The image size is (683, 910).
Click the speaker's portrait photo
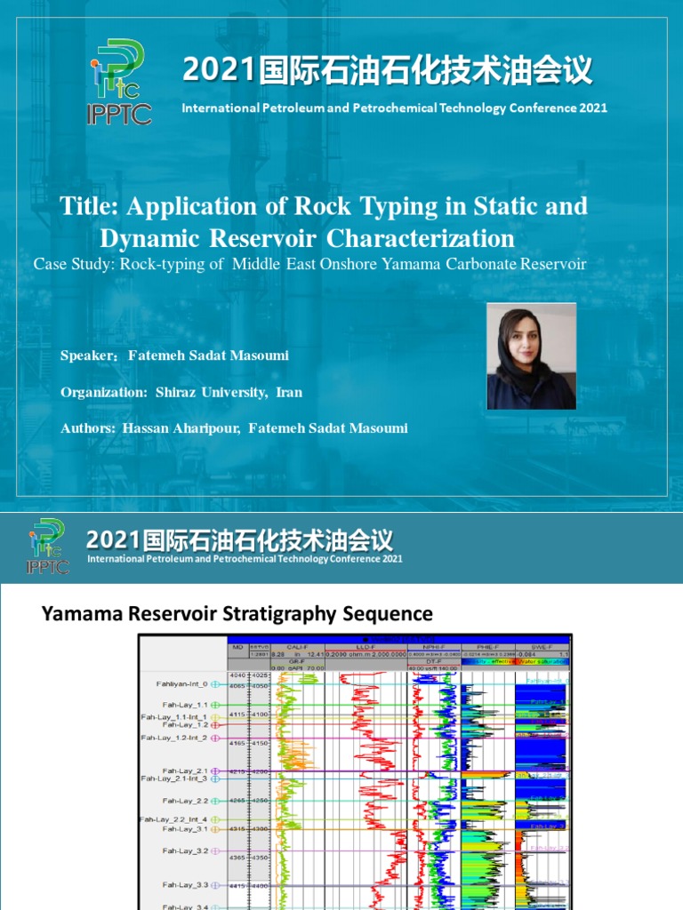click(x=531, y=356)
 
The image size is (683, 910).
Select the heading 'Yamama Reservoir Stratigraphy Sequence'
click(x=237, y=613)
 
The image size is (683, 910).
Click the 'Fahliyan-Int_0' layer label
click(x=177, y=684)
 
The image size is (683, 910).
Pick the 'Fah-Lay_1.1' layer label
click(x=184, y=704)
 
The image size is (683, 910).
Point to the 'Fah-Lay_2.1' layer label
click(x=184, y=770)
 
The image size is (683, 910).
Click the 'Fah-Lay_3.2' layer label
click(x=184, y=850)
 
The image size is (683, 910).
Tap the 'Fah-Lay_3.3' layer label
click(x=184, y=885)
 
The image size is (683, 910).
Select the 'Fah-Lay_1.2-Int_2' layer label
click(x=173, y=738)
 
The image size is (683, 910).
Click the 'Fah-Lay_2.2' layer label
click(x=184, y=801)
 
